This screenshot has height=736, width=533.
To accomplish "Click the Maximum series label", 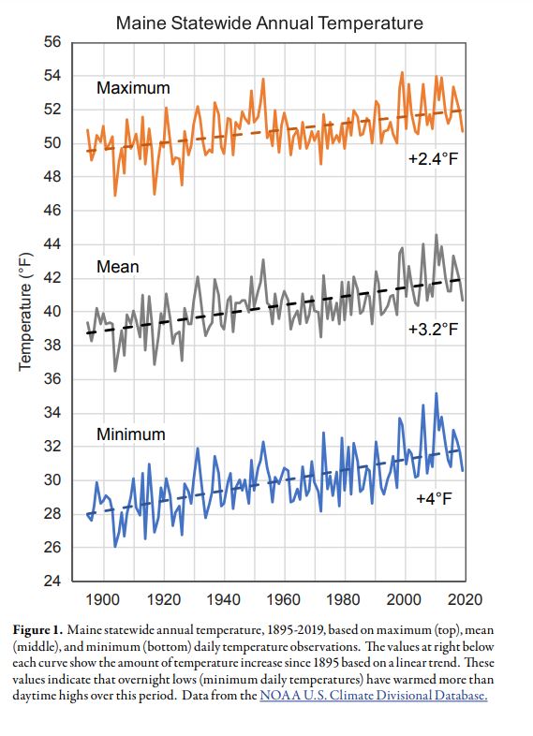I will point(133,88).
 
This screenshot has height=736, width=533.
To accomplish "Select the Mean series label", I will point(117,267).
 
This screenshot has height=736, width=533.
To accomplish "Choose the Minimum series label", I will point(131,434).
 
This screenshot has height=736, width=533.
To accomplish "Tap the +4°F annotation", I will point(434,497).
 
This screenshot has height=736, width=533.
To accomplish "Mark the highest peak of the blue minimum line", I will point(436,394).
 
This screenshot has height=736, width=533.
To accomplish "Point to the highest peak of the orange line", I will point(403,72).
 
